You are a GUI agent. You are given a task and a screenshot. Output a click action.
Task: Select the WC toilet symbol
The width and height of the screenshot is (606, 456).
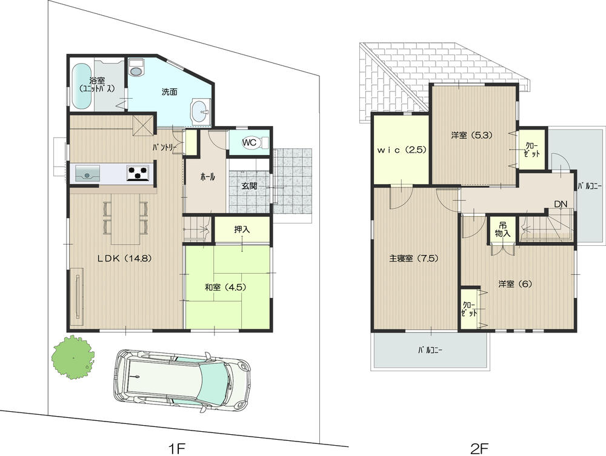click(250, 143)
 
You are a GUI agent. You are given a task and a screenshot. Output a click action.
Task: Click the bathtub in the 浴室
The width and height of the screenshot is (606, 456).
click(81, 87)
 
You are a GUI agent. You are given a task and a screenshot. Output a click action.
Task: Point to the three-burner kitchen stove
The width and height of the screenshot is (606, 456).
click(139, 173)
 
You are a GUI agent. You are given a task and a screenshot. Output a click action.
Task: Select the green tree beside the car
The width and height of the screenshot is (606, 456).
click(73, 357)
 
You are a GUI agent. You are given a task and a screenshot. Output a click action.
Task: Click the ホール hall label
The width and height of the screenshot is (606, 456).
click(207, 177)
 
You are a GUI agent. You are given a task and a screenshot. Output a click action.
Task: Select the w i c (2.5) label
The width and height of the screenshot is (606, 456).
click(401, 150)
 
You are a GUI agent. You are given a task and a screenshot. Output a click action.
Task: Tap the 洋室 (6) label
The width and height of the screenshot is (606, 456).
click(515, 283)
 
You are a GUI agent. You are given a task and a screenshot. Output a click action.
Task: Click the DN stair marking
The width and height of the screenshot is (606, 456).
click(560, 204)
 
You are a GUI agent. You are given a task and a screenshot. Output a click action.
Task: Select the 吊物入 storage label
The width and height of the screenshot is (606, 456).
click(503, 228)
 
